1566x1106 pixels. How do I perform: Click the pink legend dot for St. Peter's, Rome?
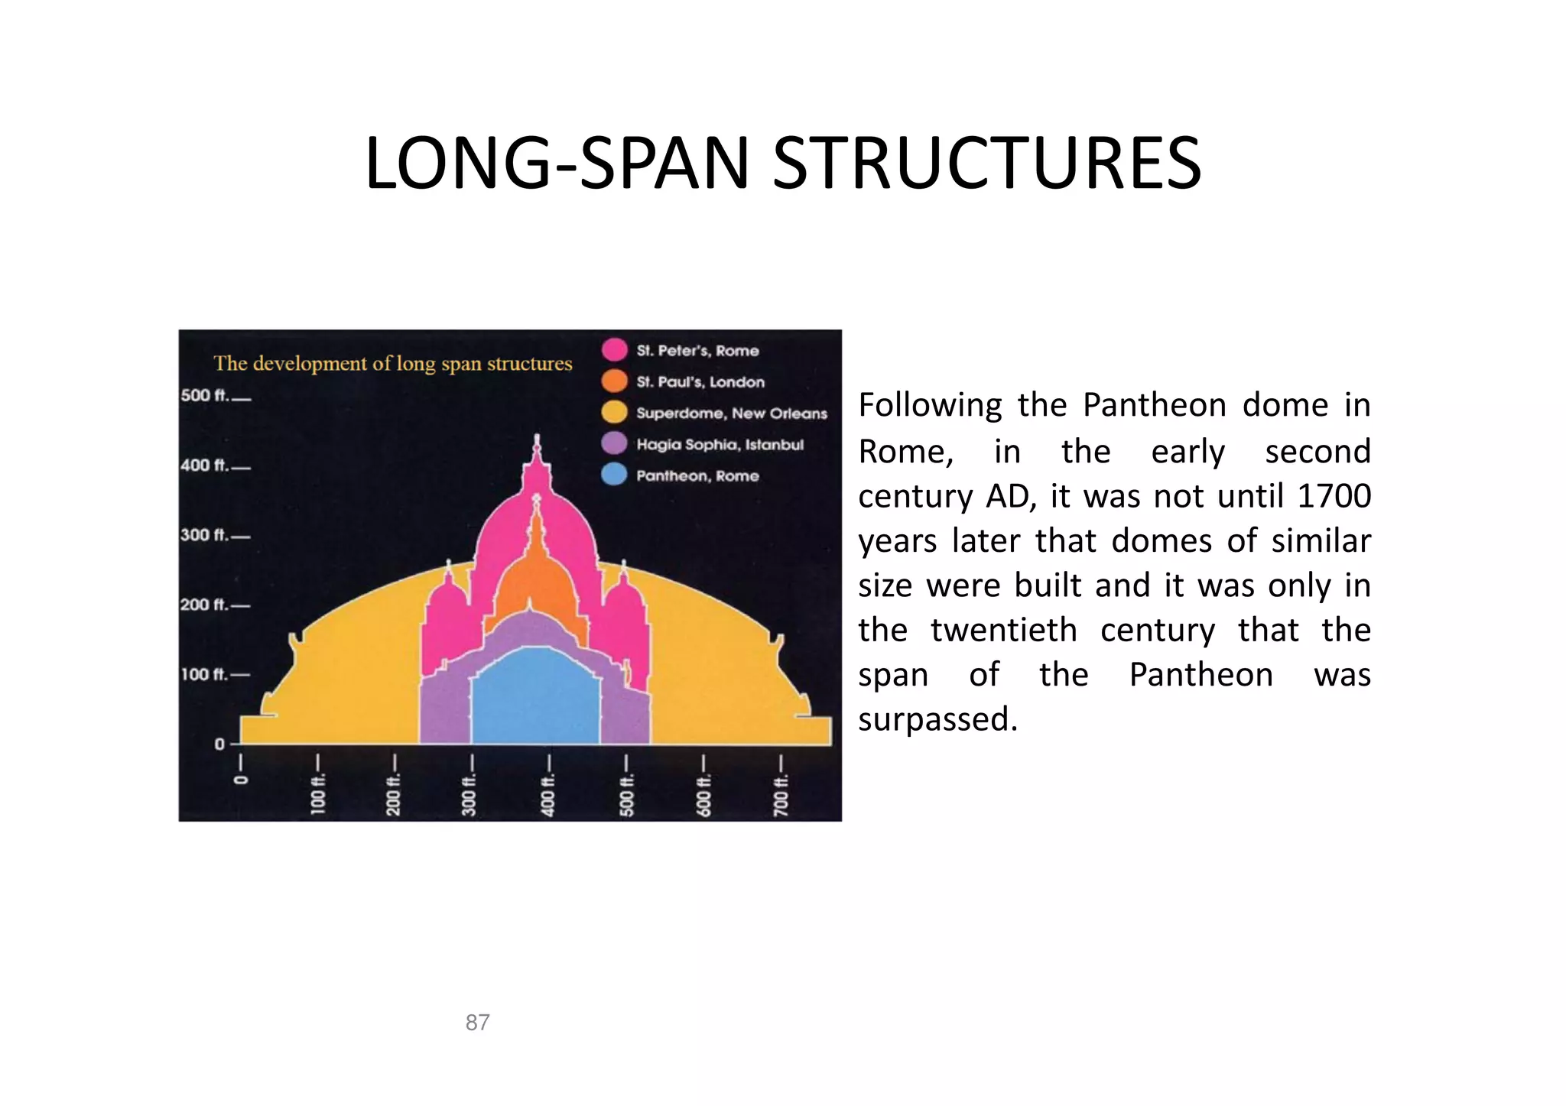(x=614, y=349)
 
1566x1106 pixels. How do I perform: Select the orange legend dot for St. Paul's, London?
(x=614, y=381)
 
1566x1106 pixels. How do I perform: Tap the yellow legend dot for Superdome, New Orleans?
(x=614, y=412)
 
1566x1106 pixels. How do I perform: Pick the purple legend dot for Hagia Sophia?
(x=614, y=443)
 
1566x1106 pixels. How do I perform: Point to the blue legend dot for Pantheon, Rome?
(x=614, y=475)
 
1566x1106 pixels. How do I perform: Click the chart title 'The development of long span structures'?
(x=392, y=363)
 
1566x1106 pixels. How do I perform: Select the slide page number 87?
(x=477, y=1022)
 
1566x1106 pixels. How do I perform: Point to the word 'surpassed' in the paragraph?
(x=937, y=720)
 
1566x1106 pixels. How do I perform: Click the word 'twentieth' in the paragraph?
(x=1003, y=631)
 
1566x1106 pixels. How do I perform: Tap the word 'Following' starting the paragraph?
(x=930, y=406)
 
